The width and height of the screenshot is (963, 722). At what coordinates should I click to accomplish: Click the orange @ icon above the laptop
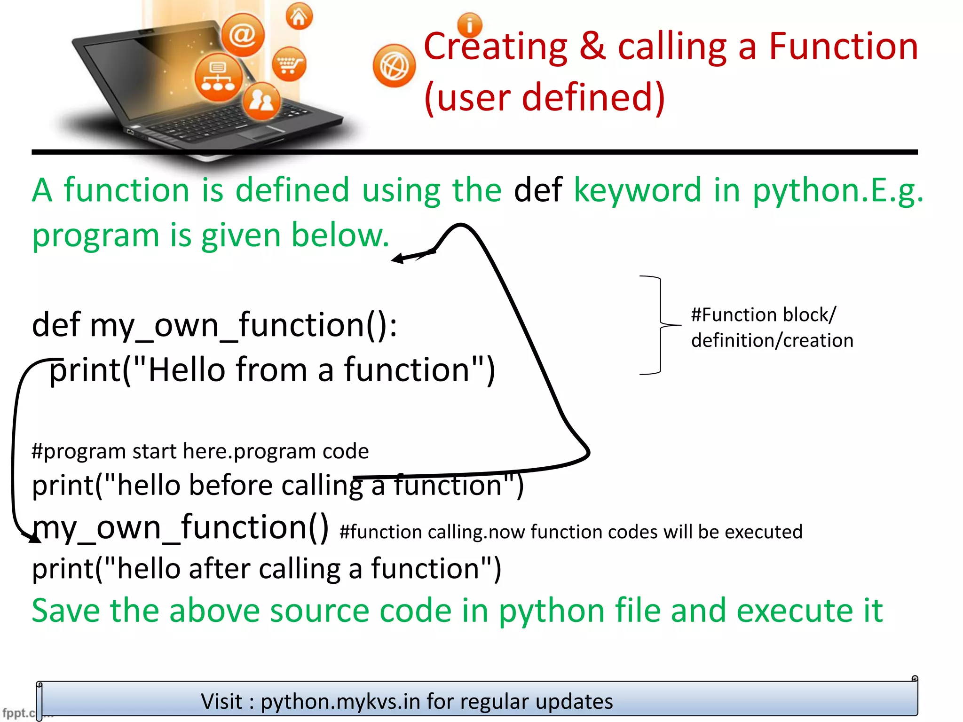coord(243,35)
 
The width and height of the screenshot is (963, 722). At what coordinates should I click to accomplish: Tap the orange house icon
coord(299,17)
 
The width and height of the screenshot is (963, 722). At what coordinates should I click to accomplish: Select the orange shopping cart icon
coord(289,64)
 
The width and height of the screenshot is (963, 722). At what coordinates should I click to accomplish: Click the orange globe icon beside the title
coord(394,66)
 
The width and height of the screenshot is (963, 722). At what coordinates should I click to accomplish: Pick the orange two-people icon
coord(261,101)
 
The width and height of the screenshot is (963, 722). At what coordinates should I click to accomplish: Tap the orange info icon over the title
coord(469,25)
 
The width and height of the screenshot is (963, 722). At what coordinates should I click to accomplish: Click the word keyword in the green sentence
coord(637,190)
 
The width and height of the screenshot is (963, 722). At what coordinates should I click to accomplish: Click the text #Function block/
coord(763,314)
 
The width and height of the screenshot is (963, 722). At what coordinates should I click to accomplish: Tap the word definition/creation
coord(772,340)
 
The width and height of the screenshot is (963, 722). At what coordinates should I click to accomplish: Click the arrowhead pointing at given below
coord(398,258)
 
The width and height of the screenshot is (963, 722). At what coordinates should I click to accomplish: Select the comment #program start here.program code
coord(200,451)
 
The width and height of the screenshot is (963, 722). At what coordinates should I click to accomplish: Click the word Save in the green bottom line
coord(65,611)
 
